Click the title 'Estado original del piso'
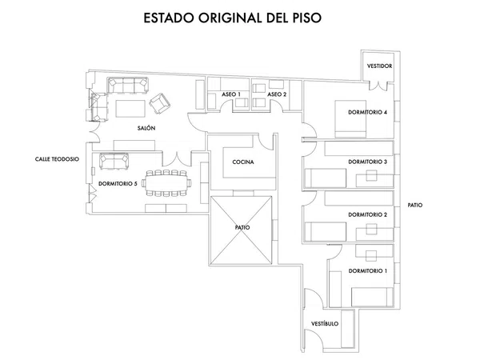coord(231,17)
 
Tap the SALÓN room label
coord(146,128)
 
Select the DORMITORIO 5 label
coord(118,184)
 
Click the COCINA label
coord(243,162)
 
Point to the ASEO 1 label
coord(231,94)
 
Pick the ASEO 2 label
coord(277,94)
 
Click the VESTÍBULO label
coord(324,323)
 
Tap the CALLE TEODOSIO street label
coord(56,159)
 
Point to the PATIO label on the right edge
coord(414,205)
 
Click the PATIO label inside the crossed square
coord(242,227)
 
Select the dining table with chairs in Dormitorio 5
coord(168,182)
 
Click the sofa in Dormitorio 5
coord(115,162)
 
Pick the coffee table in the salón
coord(130,107)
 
